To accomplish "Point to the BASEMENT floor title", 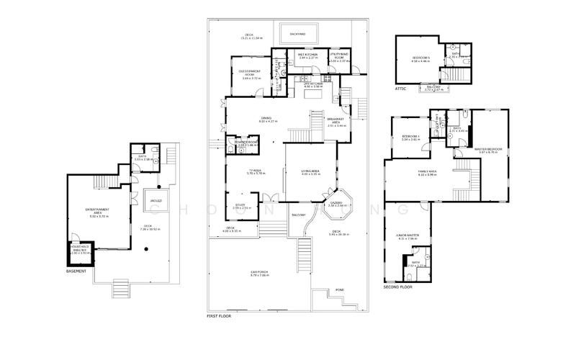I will tap(76, 271).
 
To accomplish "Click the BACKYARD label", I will tap(297, 34).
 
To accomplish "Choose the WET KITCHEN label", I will tap(308, 55).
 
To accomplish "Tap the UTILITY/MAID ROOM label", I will tap(339, 56).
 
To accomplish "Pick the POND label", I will tap(340, 290).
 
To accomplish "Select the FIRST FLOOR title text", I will tap(218, 316).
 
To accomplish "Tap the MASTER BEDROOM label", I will tap(487, 150).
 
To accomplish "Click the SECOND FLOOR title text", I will tap(398, 287).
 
